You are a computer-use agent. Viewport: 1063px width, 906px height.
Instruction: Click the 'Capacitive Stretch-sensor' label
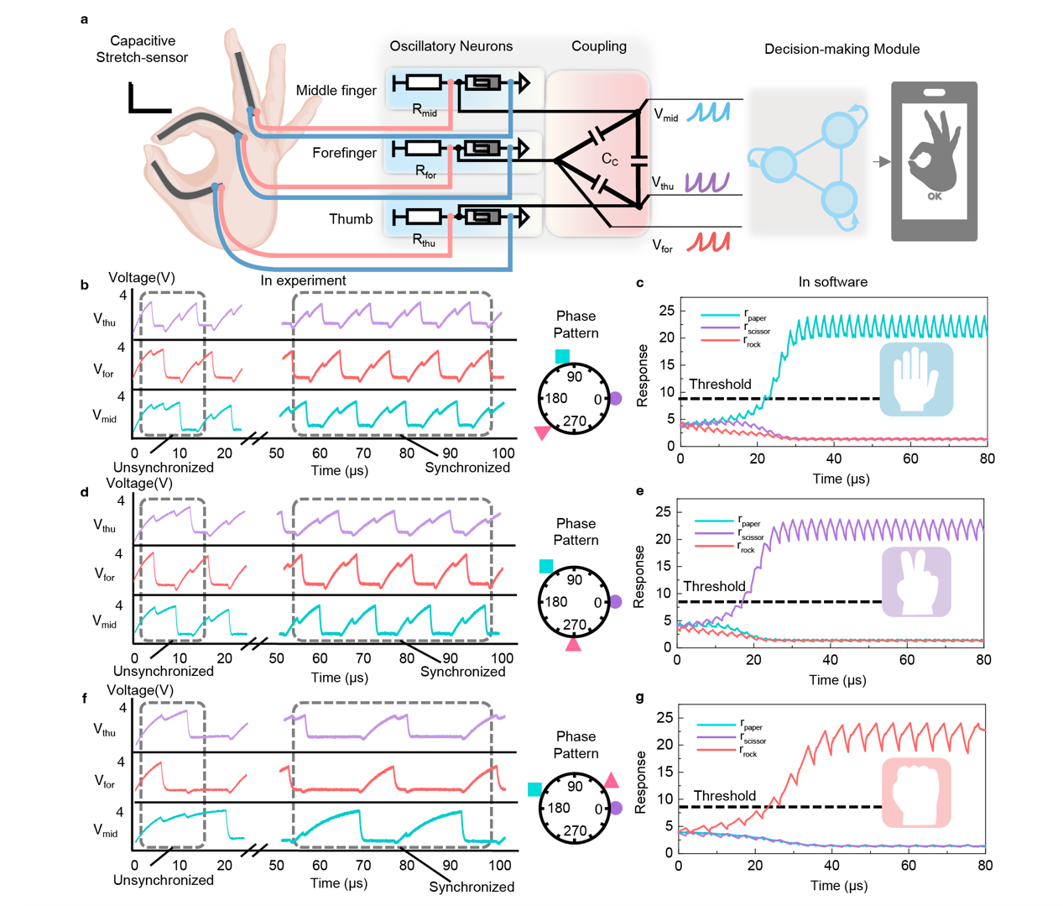click(142, 49)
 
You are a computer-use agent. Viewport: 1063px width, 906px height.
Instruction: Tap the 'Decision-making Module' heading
click(842, 49)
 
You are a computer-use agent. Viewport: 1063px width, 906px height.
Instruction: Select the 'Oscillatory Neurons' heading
click(451, 46)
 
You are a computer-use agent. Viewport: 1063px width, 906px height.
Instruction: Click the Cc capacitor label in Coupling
click(610, 160)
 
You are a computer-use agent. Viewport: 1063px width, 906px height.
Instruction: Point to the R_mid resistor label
click(425, 110)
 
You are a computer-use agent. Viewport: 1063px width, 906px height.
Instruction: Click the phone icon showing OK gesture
click(934, 161)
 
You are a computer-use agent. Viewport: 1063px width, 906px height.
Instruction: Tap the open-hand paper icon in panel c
click(916, 379)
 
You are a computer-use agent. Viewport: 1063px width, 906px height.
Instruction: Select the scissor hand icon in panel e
click(915, 582)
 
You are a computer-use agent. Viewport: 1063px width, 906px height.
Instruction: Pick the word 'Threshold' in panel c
click(720, 384)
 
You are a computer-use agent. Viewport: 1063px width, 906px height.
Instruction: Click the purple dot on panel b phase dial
click(615, 399)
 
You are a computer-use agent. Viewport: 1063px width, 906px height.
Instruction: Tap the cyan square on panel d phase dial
click(546, 567)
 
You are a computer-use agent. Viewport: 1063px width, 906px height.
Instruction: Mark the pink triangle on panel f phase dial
click(612, 780)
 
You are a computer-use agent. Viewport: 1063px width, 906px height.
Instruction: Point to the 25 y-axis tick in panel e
click(662, 511)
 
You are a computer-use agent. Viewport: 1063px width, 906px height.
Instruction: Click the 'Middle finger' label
click(336, 90)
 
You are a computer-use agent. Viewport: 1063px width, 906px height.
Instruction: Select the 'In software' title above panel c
click(832, 282)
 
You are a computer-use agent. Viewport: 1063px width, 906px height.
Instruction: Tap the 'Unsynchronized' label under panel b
click(164, 468)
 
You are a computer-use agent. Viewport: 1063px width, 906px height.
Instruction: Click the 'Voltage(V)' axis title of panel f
click(140, 690)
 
